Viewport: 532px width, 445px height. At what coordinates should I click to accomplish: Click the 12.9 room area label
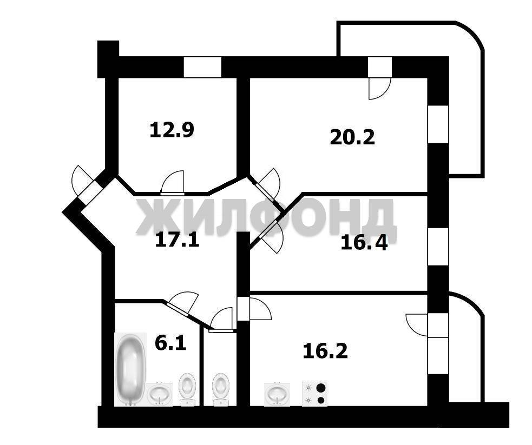[x=172, y=130]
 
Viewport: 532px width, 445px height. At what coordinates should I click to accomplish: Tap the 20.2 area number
[x=352, y=137]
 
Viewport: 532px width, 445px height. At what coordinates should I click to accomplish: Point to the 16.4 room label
[x=364, y=243]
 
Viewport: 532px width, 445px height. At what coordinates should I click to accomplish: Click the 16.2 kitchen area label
[x=325, y=351]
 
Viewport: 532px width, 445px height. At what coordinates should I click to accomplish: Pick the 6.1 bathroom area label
[x=170, y=343]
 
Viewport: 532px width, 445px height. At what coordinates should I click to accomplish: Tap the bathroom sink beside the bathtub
[x=160, y=394]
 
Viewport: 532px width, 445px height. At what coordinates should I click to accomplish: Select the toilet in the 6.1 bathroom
[x=187, y=389]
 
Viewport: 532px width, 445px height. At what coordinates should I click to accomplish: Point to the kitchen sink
[x=277, y=394]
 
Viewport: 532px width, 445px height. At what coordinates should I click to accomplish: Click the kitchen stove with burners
[x=315, y=393]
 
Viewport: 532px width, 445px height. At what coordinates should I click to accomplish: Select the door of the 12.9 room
[x=173, y=183]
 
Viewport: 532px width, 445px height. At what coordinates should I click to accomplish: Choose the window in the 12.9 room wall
[x=202, y=67]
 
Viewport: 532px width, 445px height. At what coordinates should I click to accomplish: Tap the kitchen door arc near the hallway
[x=260, y=308]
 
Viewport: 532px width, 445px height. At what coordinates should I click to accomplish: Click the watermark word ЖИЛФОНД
[x=266, y=217]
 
